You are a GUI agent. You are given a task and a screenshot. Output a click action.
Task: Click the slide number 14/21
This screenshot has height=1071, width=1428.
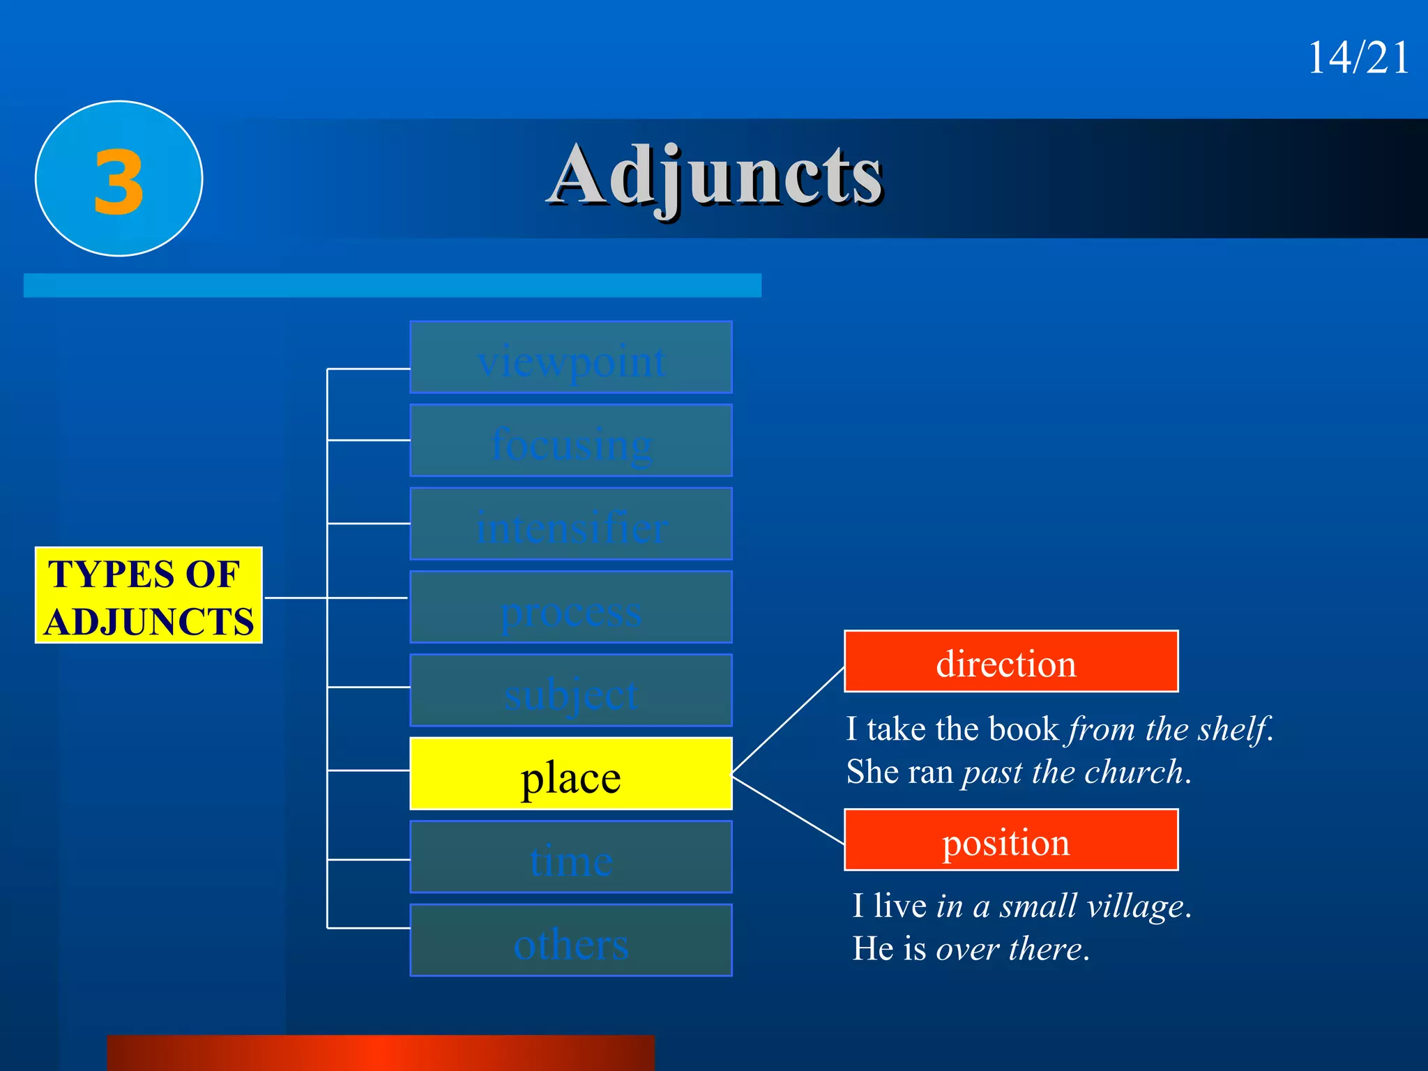tap(1358, 57)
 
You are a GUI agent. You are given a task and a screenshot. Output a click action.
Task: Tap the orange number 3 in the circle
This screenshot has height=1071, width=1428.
tap(119, 182)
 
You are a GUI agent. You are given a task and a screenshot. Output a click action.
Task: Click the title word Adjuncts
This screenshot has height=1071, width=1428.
tap(716, 176)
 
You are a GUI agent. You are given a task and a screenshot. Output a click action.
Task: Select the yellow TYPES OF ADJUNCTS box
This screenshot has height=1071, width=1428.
tap(149, 595)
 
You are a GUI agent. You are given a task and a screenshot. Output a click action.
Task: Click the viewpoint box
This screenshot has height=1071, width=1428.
tap(570, 358)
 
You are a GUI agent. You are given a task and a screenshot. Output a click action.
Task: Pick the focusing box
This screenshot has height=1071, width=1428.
tap(570, 441)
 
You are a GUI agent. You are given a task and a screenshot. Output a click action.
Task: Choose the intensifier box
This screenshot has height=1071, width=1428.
tap(570, 524)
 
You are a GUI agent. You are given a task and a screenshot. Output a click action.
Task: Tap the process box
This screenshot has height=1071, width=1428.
tap(570, 607)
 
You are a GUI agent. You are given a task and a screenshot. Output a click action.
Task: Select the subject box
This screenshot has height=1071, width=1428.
tap(570, 690)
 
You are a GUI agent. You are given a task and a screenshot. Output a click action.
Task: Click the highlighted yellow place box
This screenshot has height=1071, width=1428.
tap(570, 774)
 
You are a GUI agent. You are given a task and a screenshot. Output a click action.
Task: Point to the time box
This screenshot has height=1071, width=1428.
tap(570, 857)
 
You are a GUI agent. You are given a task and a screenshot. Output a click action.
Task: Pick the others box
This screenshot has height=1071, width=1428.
tap(570, 941)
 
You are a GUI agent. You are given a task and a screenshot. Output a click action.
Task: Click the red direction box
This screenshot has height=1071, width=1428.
tap(1010, 662)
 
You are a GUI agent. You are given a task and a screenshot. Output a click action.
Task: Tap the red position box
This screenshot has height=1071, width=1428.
tap(1010, 840)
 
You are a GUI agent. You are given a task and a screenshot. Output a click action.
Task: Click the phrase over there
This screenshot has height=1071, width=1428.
tap(1009, 950)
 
